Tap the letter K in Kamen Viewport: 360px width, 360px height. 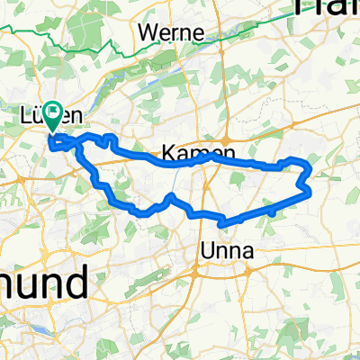pyautogui.click(x=168, y=151)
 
